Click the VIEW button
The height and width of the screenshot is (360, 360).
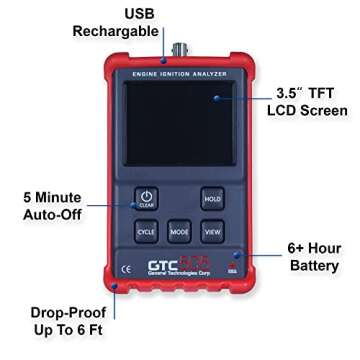click(x=212, y=229)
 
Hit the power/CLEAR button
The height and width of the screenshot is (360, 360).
click(x=146, y=197)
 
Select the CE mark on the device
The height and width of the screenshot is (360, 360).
click(x=125, y=267)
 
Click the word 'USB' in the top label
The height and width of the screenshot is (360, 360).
click(x=140, y=13)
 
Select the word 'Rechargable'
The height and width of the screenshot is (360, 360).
click(x=116, y=31)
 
